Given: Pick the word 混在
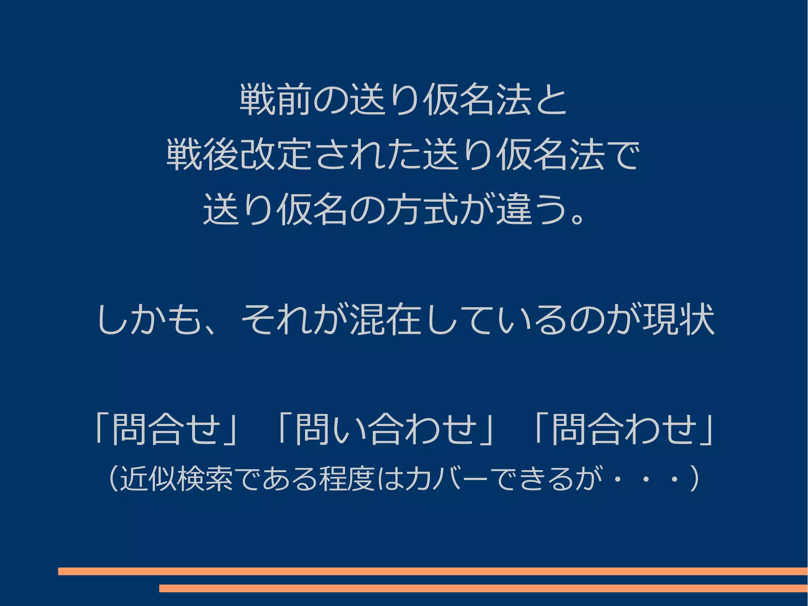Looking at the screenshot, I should [386, 319].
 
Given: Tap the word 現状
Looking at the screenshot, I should [679, 319].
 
